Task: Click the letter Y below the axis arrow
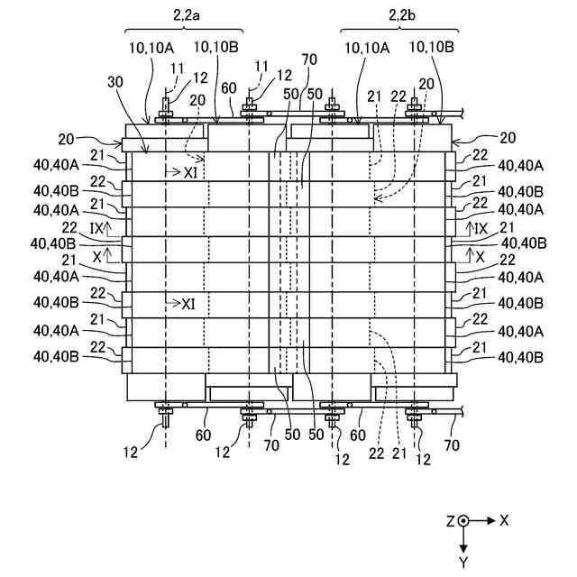pyautogui.click(x=463, y=562)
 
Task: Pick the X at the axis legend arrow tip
pyautogui.click(x=505, y=521)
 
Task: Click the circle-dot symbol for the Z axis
pyautogui.click(x=463, y=521)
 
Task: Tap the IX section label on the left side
pyautogui.click(x=96, y=229)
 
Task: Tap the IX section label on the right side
pyautogui.click(x=481, y=229)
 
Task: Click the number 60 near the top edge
pyautogui.click(x=230, y=87)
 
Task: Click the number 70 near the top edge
pyautogui.click(x=309, y=60)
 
